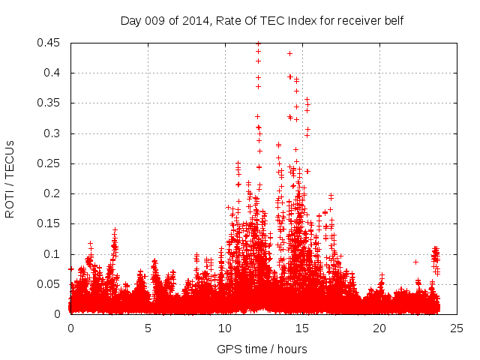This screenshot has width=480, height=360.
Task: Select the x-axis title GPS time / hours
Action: tap(262, 349)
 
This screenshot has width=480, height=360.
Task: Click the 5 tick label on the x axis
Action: tap(148, 328)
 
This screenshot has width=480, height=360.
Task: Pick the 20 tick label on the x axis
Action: tap(379, 328)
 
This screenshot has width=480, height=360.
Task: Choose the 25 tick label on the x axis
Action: tap(457, 328)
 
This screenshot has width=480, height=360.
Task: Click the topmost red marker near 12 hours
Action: tap(258, 43)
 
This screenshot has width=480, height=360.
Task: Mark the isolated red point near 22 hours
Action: tap(415, 262)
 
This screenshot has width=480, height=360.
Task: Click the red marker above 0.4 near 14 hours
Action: tap(289, 53)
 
